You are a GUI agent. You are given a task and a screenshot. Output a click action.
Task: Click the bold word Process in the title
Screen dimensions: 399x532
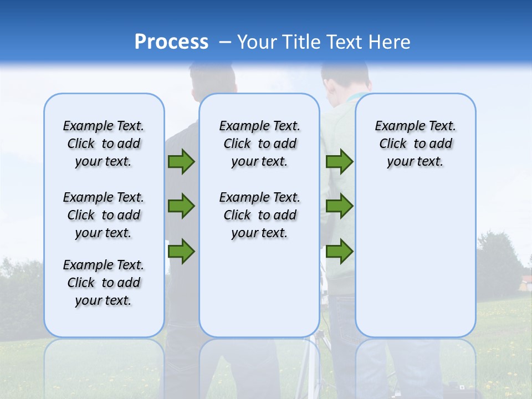(171, 42)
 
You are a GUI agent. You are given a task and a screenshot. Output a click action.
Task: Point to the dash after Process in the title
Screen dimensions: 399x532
(225, 42)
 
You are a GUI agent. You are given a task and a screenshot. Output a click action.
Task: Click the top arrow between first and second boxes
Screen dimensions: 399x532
(181, 162)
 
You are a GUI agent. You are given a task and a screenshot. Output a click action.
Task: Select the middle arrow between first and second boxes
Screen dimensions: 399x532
(181, 206)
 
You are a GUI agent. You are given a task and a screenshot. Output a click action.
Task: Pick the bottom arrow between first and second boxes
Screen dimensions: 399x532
(181, 251)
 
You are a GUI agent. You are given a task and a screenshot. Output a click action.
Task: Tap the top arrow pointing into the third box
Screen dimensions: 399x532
(339, 162)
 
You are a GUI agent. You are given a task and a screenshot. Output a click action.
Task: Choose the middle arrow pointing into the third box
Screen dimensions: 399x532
(339, 206)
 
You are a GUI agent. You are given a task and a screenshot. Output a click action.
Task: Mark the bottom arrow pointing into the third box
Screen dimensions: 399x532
(339, 251)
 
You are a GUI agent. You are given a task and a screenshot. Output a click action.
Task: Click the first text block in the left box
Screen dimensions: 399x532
(104, 144)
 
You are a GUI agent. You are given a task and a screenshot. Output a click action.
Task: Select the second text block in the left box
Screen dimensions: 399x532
(104, 215)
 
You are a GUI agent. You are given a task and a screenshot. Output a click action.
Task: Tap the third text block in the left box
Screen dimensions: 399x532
(104, 283)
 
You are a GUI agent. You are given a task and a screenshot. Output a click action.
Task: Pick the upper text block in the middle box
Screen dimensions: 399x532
(259, 144)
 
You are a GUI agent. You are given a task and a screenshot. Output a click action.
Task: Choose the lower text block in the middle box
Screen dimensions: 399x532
(259, 215)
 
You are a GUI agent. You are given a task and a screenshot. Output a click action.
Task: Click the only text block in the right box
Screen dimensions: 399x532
(415, 144)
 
